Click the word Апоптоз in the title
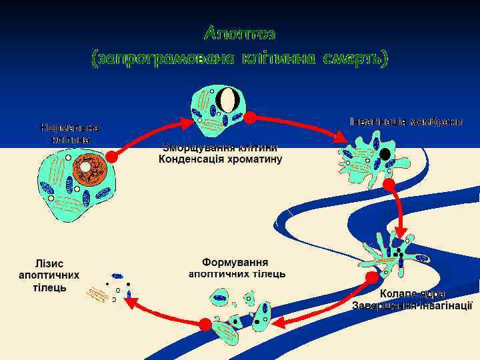point(239,33)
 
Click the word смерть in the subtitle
point(353,59)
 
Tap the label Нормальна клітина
point(69,133)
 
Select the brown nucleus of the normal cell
point(89,171)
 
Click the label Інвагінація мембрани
point(406,122)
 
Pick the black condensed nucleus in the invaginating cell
point(385,154)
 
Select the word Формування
point(235,262)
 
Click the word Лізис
point(51,262)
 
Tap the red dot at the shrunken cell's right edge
point(250,118)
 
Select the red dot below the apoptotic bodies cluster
point(205,324)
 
